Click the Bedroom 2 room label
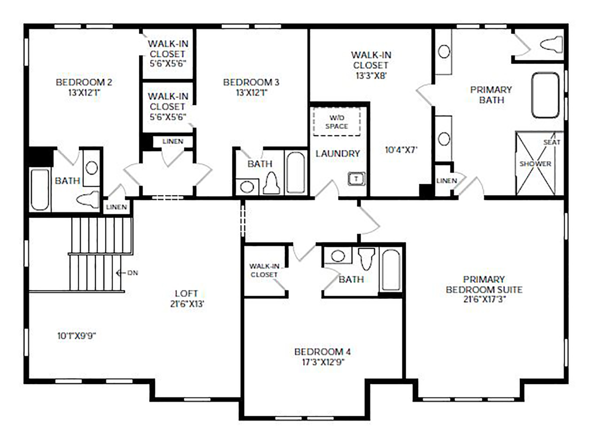(x=84, y=87)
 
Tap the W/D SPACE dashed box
(x=337, y=121)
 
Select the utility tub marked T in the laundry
(x=356, y=179)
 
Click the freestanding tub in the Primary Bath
(x=545, y=95)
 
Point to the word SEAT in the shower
(x=552, y=142)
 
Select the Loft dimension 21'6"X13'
(x=187, y=304)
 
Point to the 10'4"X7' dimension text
(x=401, y=150)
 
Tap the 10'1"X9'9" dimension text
(x=77, y=336)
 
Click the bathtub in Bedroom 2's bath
(x=40, y=190)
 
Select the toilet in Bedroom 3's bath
(x=271, y=184)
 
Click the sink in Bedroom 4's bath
(x=338, y=256)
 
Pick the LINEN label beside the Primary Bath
(x=447, y=180)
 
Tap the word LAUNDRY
(x=338, y=154)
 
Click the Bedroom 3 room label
(x=251, y=87)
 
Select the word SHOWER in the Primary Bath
(x=535, y=164)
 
